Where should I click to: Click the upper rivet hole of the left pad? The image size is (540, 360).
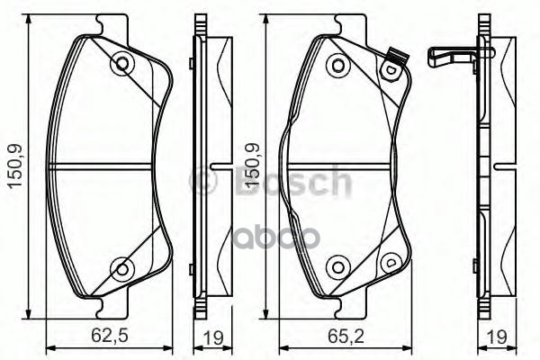coord(120,64)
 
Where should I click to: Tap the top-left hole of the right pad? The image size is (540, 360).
coord(337,65)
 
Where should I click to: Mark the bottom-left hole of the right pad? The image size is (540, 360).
coord(337,265)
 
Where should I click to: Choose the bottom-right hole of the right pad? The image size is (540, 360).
coord(390,261)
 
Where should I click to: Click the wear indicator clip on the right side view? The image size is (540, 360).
coord(450,57)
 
